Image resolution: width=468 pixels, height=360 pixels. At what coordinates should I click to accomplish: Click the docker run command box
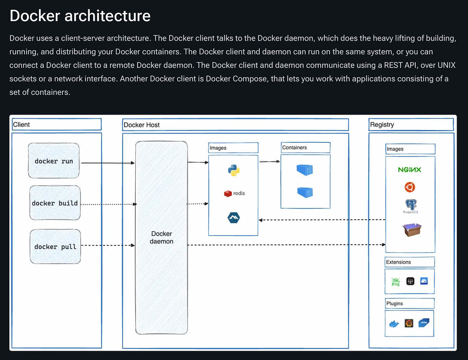pos(54,161)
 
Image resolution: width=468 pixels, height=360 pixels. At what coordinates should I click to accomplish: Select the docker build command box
pos(55,203)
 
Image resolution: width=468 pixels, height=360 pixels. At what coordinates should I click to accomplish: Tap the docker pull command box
pos(55,247)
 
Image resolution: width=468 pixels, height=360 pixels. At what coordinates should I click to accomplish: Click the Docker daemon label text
pos(161,237)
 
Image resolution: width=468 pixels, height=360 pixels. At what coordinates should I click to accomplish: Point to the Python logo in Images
pos(233,170)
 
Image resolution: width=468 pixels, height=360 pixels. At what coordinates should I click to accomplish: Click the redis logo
pos(234,193)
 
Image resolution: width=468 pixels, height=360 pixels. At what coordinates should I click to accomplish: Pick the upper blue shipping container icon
pos(305,169)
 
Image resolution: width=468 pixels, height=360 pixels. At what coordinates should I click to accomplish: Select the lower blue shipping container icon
pos(305,192)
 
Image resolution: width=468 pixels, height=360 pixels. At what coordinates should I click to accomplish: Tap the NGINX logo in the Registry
pos(409,170)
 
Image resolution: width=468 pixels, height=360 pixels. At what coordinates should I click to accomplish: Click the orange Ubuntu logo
pos(409,187)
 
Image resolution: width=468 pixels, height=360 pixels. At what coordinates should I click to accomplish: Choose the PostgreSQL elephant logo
pos(409,206)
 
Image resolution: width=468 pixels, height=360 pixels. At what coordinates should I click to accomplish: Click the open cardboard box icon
pos(412,229)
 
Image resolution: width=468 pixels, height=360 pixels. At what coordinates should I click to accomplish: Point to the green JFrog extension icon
pos(395,281)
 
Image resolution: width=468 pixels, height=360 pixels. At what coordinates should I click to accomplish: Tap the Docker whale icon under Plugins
pos(394,323)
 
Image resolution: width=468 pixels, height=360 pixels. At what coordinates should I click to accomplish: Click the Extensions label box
pos(409,262)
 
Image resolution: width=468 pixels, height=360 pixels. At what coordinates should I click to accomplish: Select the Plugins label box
pos(409,303)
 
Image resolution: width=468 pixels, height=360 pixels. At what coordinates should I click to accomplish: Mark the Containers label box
pos(305,147)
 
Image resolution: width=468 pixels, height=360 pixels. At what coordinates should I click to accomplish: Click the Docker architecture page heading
pos(80,16)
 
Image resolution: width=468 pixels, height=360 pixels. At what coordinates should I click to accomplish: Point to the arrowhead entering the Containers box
pos(278,161)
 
